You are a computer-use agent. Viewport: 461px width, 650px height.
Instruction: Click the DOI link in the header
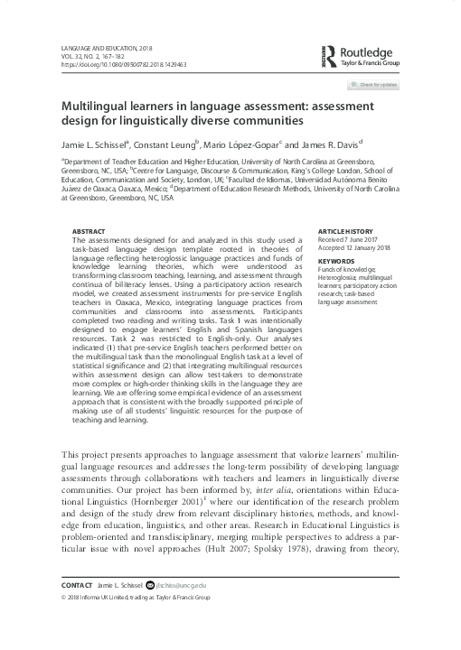point(124,65)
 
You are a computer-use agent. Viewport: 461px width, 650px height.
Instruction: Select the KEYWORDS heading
point(336,262)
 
